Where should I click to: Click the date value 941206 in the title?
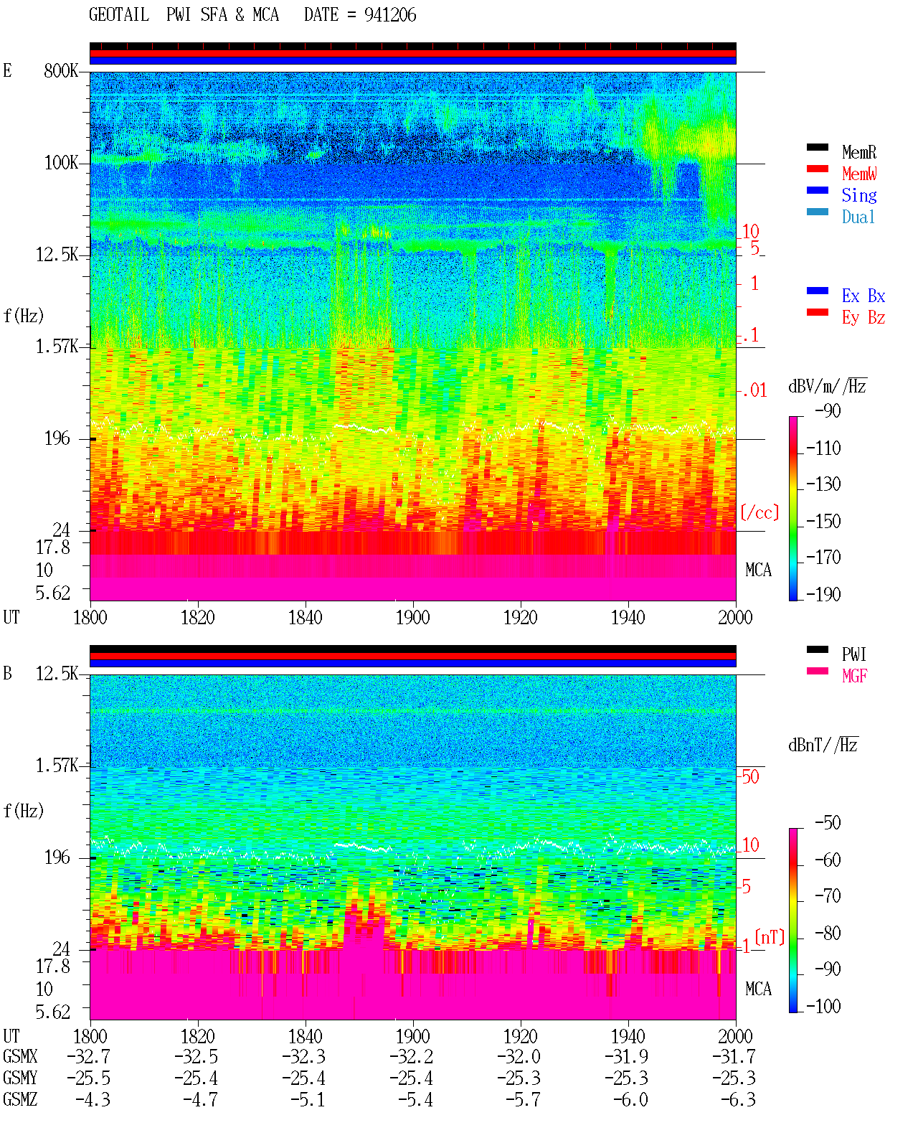[x=390, y=15]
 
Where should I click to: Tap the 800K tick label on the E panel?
[x=61, y=70]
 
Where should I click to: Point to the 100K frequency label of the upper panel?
[x=61, y=163]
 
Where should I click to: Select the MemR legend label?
[x=859, y=152]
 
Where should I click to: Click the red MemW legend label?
[x=859, y=174]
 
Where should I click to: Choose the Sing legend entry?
[x=859, y=195]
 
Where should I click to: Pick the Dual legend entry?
[x=858, y=217]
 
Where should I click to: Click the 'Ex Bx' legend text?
[x=863, y=296]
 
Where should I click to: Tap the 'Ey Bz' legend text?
[x=863, y=318]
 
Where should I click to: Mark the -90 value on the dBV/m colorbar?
[x=828, y=411]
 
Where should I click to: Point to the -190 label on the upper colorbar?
[x=823, y=594]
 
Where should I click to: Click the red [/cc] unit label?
[x=760, y=512]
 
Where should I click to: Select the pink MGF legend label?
[x=855, y=676]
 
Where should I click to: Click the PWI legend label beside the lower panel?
[x=854, y=654]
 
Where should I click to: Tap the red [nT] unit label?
[x=770, y=937]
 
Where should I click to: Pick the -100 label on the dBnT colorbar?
[x=823, y=1006]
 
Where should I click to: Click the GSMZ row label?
[x=20, y=1099]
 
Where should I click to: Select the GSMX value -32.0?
[x=519, y=1056]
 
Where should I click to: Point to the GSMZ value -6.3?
[x=738, y=1099]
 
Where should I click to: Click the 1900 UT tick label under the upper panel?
[x=412, y=618]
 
